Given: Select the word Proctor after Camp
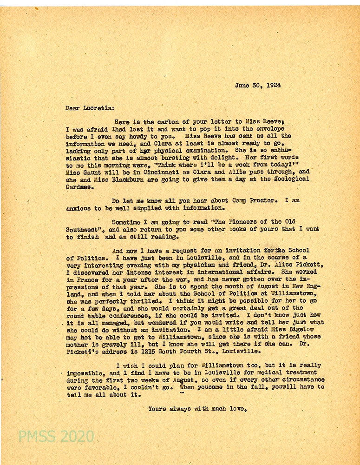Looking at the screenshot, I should [x=262, y=200].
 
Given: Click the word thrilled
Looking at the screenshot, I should [x=125, y=301].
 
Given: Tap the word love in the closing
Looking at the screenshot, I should [x=236, y=409].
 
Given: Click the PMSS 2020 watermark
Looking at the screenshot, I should [x=56, y=436].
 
